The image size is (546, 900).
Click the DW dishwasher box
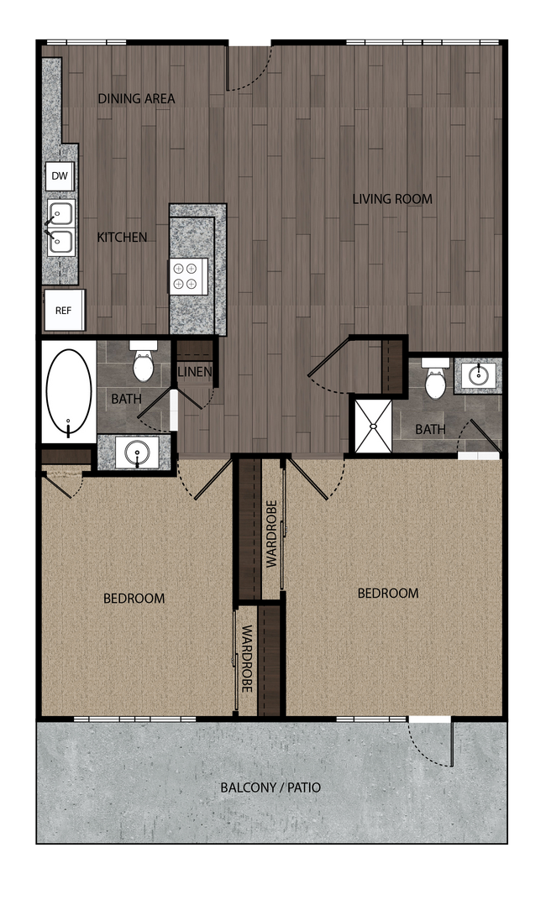60,176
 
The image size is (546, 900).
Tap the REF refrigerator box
64,310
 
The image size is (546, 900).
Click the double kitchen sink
60,227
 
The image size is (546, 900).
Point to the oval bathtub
69,391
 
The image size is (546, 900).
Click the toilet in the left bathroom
144,362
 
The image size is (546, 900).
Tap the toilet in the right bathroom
435,380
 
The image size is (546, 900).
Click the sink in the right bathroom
479,374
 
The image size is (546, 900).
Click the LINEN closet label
195,372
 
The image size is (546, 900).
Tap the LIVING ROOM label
392,199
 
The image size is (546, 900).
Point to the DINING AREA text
136,99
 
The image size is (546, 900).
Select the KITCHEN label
122,238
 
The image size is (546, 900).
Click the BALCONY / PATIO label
270,787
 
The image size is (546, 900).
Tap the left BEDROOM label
134,599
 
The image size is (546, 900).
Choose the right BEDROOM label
388,593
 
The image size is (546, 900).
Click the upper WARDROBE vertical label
272,535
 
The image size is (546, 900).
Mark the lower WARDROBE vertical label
248,659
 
